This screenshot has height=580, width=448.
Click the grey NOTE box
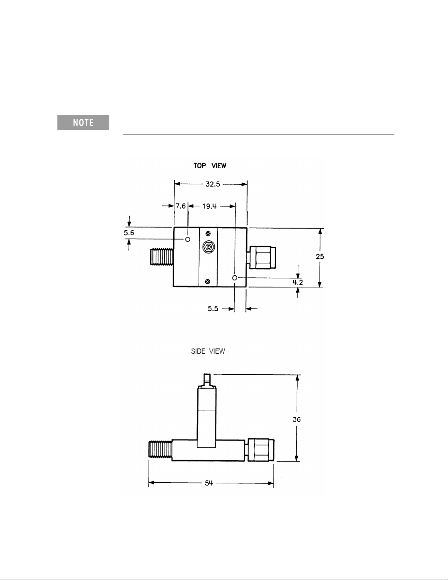83,123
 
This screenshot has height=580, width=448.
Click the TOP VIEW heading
210,166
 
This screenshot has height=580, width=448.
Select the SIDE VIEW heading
208,351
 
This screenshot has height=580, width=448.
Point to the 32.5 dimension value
213,184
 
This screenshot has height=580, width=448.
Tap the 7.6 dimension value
181,206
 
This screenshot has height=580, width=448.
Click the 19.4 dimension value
209,206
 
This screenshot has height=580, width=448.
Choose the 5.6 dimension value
129,233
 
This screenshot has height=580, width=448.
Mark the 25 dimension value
320,257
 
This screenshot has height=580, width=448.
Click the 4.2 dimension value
298,282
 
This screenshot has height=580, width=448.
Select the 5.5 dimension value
213,308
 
